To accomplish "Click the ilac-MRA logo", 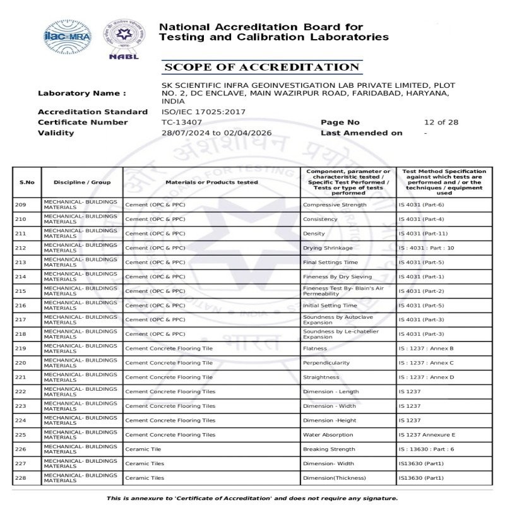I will pyautogui.click(x=66, y=36).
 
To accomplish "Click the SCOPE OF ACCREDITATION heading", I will pyautogui.click(x=261, y=68).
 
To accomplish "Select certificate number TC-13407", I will pyautogui.click(x=182, y=122).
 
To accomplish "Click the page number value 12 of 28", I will pyautogui.click(x=441, y=122).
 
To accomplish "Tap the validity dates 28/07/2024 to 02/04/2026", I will pyautogui.click(x=217, y=133).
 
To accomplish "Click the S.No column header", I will pyautogui.click(x=27, y=182).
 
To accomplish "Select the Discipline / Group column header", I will pyautogui.click(x=82, y=182).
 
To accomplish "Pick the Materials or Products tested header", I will pyautogui.click(x=211, y=182).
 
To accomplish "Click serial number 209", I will pyautogui.click(x=21, y=205).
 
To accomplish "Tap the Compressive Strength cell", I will pyautogui.click(x=335, y=205).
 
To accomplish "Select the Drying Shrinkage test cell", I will pyautogui.click(x=328, y=248).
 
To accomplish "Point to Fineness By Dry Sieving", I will pyautogui.click(x=337, y=276).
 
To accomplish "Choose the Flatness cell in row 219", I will pyautogui.click(x=315, y=348).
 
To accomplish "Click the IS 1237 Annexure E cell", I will pyautogui.click(x=427, y=435).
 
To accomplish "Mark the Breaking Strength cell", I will pyautogui.click(x=329, y=449).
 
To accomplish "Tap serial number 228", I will pyautogui.click(x=21, y=478).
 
